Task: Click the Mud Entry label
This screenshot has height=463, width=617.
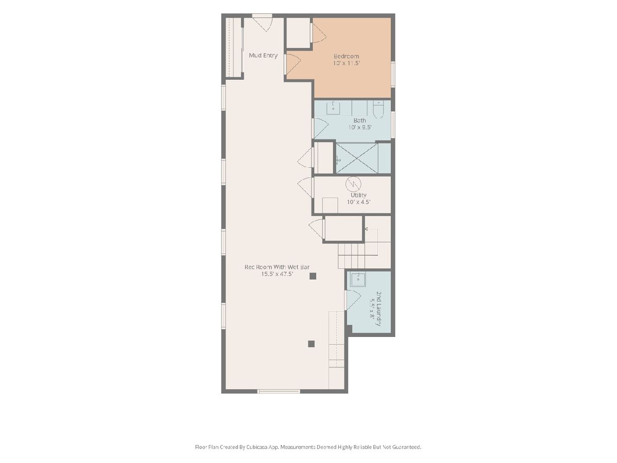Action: [x=263, y=56]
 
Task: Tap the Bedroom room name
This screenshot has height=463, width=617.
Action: [x=346, y=56]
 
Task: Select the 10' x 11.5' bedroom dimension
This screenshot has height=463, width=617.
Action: [x=347, y=63]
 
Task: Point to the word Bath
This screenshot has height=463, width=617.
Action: [x=359, y=120]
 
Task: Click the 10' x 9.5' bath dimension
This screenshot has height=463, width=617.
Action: [x=360, y=128]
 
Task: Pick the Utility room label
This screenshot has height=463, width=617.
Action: [x=358, y=195]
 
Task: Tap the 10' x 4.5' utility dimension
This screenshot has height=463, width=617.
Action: [x=358, y=202]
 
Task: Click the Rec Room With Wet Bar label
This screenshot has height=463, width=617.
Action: [x=277, y=267]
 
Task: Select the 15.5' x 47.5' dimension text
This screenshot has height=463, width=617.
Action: [x=278, y=274]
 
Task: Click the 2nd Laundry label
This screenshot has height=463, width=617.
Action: [x=378, y=309]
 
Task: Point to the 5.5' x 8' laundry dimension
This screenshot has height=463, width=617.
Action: [x=372, y=308]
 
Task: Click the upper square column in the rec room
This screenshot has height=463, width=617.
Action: [x=313, y=276]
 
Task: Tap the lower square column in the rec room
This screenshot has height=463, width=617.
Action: [x=311, y=344]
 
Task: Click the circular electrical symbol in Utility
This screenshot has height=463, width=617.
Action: [x=353, y=184]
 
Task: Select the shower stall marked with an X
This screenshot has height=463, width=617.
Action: [x=356, y=158]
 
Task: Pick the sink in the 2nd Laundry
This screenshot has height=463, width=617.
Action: [x=358, y=279]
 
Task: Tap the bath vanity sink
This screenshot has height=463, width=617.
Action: [x=333, y=108]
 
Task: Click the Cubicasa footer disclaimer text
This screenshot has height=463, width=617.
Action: [x=308, y=447]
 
